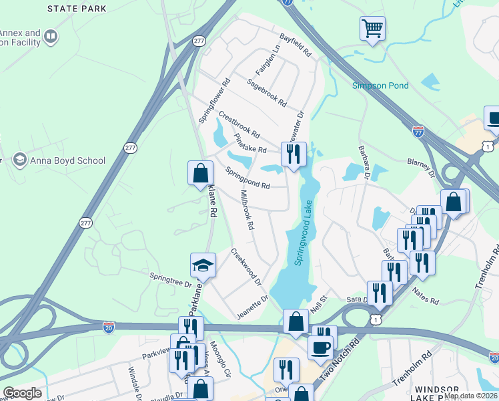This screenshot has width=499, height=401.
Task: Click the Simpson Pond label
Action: pyautogui.click(x=380, y=86)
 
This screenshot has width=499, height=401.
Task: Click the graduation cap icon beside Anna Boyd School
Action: pyautogui.click(x=19, y=160)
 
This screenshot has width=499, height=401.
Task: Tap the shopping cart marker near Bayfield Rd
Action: pyautogui.click(x=372, y=29)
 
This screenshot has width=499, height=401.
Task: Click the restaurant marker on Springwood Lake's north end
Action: pyautogui.click(x=293, y=154)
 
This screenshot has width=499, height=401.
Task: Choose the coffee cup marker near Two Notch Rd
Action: pyautogui.click(x=320, y=348)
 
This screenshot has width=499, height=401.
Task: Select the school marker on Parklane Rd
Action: pyautogui.click(x=203, y=265)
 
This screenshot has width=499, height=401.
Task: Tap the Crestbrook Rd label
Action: pyautogui.click(x=238, y=124)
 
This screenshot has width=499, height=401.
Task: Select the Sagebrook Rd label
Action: pyautogui.click(x=266, y=94)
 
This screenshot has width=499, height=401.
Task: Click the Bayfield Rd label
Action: pyautogui.click(x=296, y=45)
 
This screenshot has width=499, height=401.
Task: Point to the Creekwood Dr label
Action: pyautogui.click(x=245, y=267)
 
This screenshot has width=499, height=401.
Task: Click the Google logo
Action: pyautogui.click(x=22, y=393)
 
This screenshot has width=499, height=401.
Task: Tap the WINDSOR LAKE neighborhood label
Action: pyautogui.click(x=436, y=390)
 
